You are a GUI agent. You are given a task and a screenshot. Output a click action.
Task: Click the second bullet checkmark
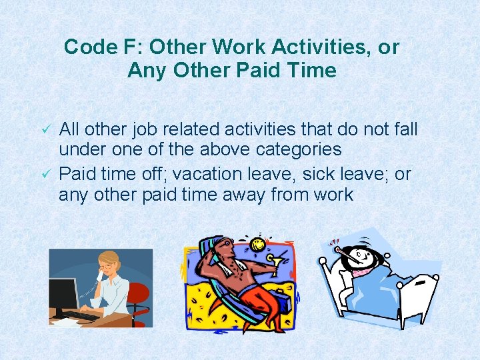[x=46, y=174]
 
